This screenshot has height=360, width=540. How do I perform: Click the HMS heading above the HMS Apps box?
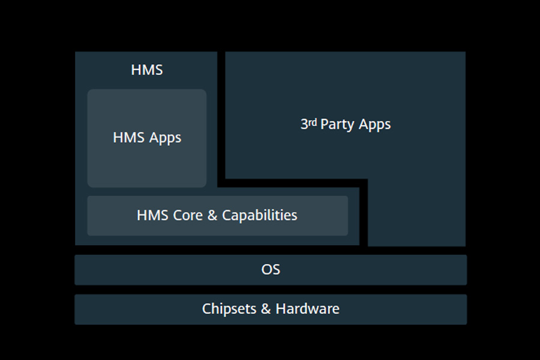click(x=146, y=70)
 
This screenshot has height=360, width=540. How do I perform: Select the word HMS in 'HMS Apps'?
click(x=125, y=137)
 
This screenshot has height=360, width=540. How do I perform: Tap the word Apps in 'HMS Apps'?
click(x=166, y=138)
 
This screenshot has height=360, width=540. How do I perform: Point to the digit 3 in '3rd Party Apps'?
click(x=304, y=124)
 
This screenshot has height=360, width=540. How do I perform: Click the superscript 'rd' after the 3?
click(x=313, y=122)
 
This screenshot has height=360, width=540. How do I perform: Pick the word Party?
click(x=338, y=125)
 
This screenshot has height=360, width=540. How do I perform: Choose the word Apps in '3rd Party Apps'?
click(x=375, y=125)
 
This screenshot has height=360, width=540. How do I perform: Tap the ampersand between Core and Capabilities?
click(x=212, y=215)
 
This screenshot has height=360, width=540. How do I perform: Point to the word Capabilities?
click(x=260, y=215)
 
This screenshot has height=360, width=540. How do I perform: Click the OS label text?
click(x=271, y=269)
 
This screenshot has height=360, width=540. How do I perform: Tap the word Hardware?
click(x=307, y=309)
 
